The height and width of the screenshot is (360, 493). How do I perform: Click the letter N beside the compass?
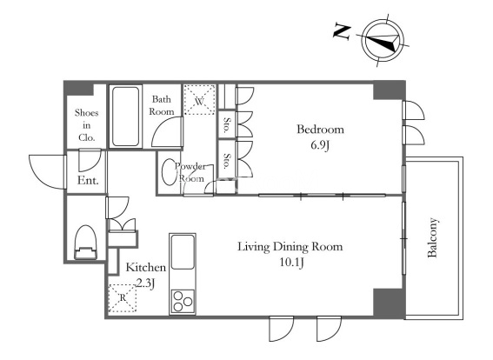(x=342, y=32)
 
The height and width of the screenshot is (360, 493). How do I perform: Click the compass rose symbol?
(x=383, y=41)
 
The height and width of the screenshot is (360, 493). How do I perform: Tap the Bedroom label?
(x=320, y=130)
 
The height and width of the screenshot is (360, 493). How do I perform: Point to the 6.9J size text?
(x=320, y=145)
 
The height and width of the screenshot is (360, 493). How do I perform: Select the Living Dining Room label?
(x=290, y=246)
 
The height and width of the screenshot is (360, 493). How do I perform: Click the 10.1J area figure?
(x=291, y=263)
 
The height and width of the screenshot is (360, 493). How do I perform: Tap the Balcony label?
(x=433, y=237)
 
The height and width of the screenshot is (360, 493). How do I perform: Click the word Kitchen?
(x=145, y=268)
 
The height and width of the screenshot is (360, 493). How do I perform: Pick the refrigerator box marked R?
(x=123, y=298)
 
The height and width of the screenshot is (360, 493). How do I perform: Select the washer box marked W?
(x=200, y=99)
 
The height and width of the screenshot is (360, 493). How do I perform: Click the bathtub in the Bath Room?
(x=125, y=117)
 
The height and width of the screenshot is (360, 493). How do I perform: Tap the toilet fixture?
(x=85, y=242)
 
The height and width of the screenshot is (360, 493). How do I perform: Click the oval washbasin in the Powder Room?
(x=169, y=171)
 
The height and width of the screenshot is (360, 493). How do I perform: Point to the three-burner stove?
(x=183, y=301)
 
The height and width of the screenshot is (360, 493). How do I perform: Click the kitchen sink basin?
(x=183, y=252)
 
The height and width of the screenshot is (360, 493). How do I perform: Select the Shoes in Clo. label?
(x=86, y=125)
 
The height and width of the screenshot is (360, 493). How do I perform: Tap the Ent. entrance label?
(x=88, y=181)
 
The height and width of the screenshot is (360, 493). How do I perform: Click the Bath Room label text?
(x=162, y=105)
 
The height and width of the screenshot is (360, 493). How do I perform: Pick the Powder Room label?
(x=190, y=172)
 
